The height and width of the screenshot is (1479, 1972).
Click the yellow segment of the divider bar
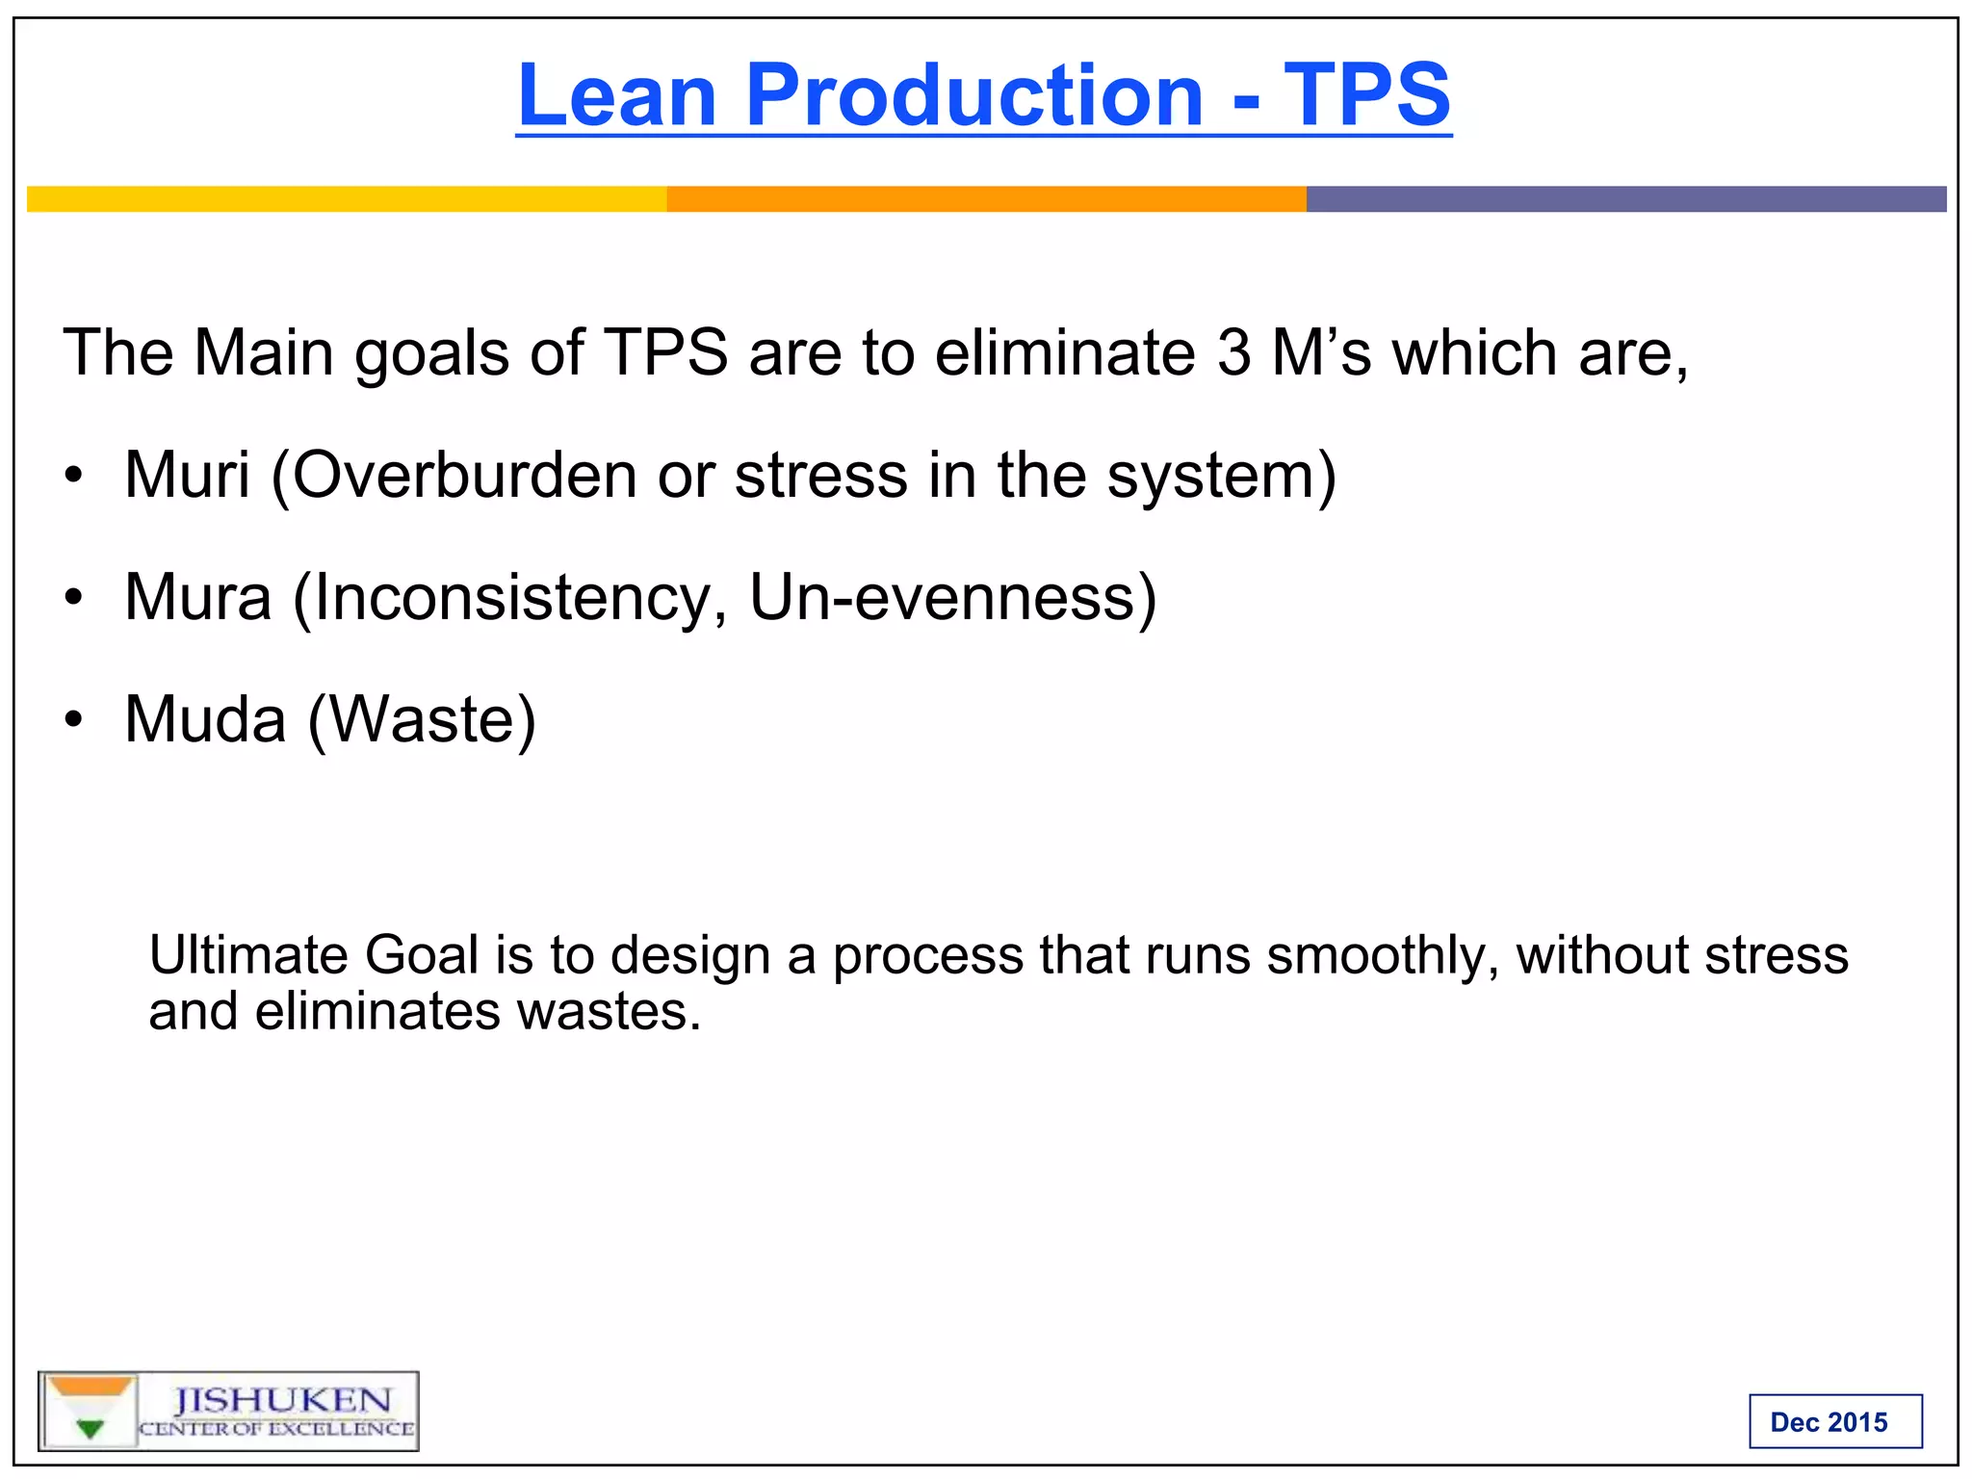click(x=347, y=199)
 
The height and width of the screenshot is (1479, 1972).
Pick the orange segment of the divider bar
click(x=986, y=199)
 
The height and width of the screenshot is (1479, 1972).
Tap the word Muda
click(x=205, y=719)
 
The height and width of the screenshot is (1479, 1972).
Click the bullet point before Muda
click(x=74, y=720)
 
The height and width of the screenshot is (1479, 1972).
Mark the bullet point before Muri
click(x=74, y=476)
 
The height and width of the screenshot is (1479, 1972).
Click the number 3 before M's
click(x=1233, y=352)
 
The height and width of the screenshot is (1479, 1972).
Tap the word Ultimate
click(x=247, y=955)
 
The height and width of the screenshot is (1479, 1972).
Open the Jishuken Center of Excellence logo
click(x=228, y=1411)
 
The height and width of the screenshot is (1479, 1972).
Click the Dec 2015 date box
click(x=1835, y=1421)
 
